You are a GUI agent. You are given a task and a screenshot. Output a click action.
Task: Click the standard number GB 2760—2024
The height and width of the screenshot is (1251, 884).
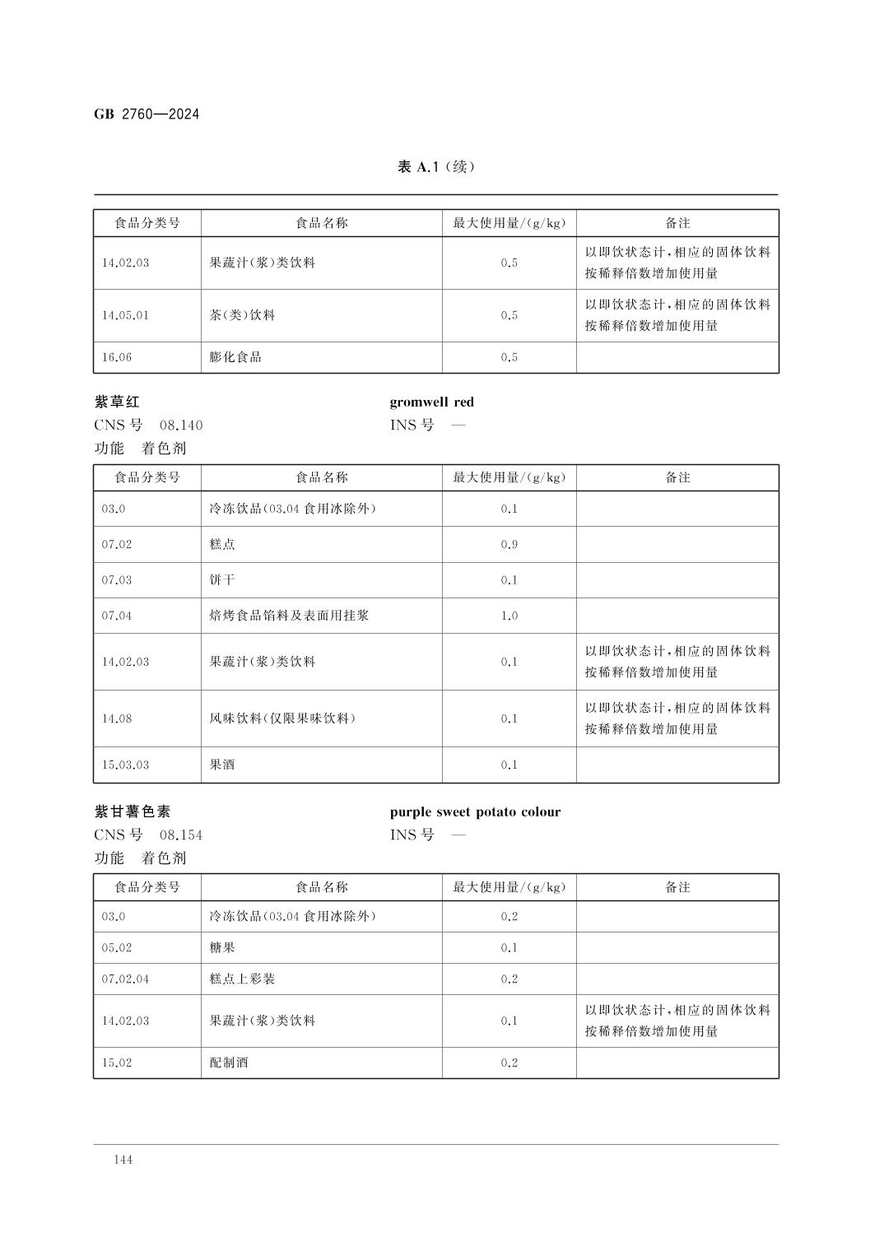pos(147,114)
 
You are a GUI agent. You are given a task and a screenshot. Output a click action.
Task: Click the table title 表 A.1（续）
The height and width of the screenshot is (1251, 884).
pos(435,167)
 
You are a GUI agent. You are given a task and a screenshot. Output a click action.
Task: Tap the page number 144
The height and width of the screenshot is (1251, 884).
pos(123,1160)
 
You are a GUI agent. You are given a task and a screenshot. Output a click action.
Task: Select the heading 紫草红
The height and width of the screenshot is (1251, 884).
pos(117,402)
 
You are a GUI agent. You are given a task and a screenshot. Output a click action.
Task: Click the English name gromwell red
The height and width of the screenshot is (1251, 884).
pos(431,402)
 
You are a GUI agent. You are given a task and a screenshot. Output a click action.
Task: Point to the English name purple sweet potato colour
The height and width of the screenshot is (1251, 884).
pos(475,812)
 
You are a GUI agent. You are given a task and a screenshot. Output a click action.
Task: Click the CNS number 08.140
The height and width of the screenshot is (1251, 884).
pos(180,426)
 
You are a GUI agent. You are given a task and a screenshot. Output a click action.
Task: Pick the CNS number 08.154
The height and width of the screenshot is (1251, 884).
pos(180,835)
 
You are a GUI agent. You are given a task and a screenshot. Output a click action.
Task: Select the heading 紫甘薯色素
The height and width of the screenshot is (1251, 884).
pos(133,812)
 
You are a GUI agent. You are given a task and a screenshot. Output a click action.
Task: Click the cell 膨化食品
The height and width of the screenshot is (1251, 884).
pos(235,357)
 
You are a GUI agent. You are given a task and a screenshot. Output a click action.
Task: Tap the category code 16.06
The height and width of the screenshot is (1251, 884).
pos(117,357)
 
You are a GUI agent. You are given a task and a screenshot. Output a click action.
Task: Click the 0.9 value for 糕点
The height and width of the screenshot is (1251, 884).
pos(509,545)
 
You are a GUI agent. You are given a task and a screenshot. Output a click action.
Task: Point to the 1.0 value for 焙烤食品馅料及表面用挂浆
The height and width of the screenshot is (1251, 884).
pos(509,616)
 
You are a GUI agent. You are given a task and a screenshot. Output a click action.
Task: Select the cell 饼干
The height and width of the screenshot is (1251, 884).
pos(222,580)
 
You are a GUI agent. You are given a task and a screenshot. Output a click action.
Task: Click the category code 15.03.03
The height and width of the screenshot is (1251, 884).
pos(125,765)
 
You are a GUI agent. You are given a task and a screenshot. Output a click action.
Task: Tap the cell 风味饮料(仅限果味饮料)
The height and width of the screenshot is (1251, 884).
pos(282,719)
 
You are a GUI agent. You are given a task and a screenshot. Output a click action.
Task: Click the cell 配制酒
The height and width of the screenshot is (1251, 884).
pos(229,1063)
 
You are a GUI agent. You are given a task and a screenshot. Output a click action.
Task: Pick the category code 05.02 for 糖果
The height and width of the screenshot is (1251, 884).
pos(117,948)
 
